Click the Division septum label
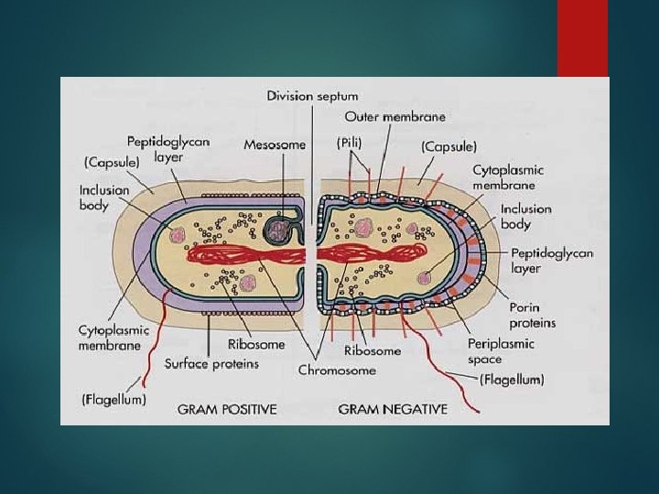[312, 95]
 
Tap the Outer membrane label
[394, 117]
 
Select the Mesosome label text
[275, 145]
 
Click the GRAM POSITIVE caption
[227, 409]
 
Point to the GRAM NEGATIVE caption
[393, 409]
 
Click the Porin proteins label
[532, 316]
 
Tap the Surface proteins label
[211, 363]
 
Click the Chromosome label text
[337, 370]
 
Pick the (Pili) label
[350, 143]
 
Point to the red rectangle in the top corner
[582, 38]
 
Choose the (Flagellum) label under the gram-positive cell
[113, 400]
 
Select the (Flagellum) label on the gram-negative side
[512, 379]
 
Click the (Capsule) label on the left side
[111, 162]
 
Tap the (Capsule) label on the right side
[448, 145]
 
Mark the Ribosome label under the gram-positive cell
[256, 345]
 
